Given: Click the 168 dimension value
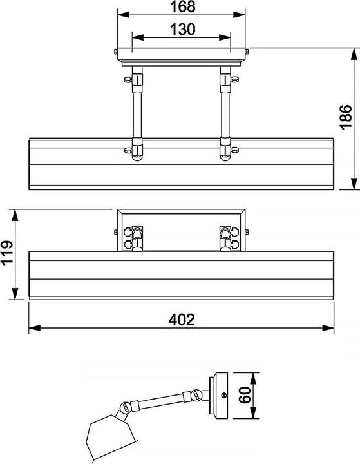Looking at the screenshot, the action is [x=182, y=7].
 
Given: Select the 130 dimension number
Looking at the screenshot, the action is [x=182, y=29].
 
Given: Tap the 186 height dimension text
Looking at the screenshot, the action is [x=346, y=117].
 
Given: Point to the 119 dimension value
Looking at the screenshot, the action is [x=7, y=252].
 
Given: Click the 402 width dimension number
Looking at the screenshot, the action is [x=182, y=320].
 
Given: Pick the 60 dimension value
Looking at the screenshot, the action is [x=245, y=395].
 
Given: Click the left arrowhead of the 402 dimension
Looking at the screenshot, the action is [x=35, y=328].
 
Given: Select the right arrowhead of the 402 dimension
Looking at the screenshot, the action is [x=328, y=328].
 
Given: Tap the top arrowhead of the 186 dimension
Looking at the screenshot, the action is [x=354, y=54].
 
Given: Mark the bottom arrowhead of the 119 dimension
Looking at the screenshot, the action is [x=15, y=294].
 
